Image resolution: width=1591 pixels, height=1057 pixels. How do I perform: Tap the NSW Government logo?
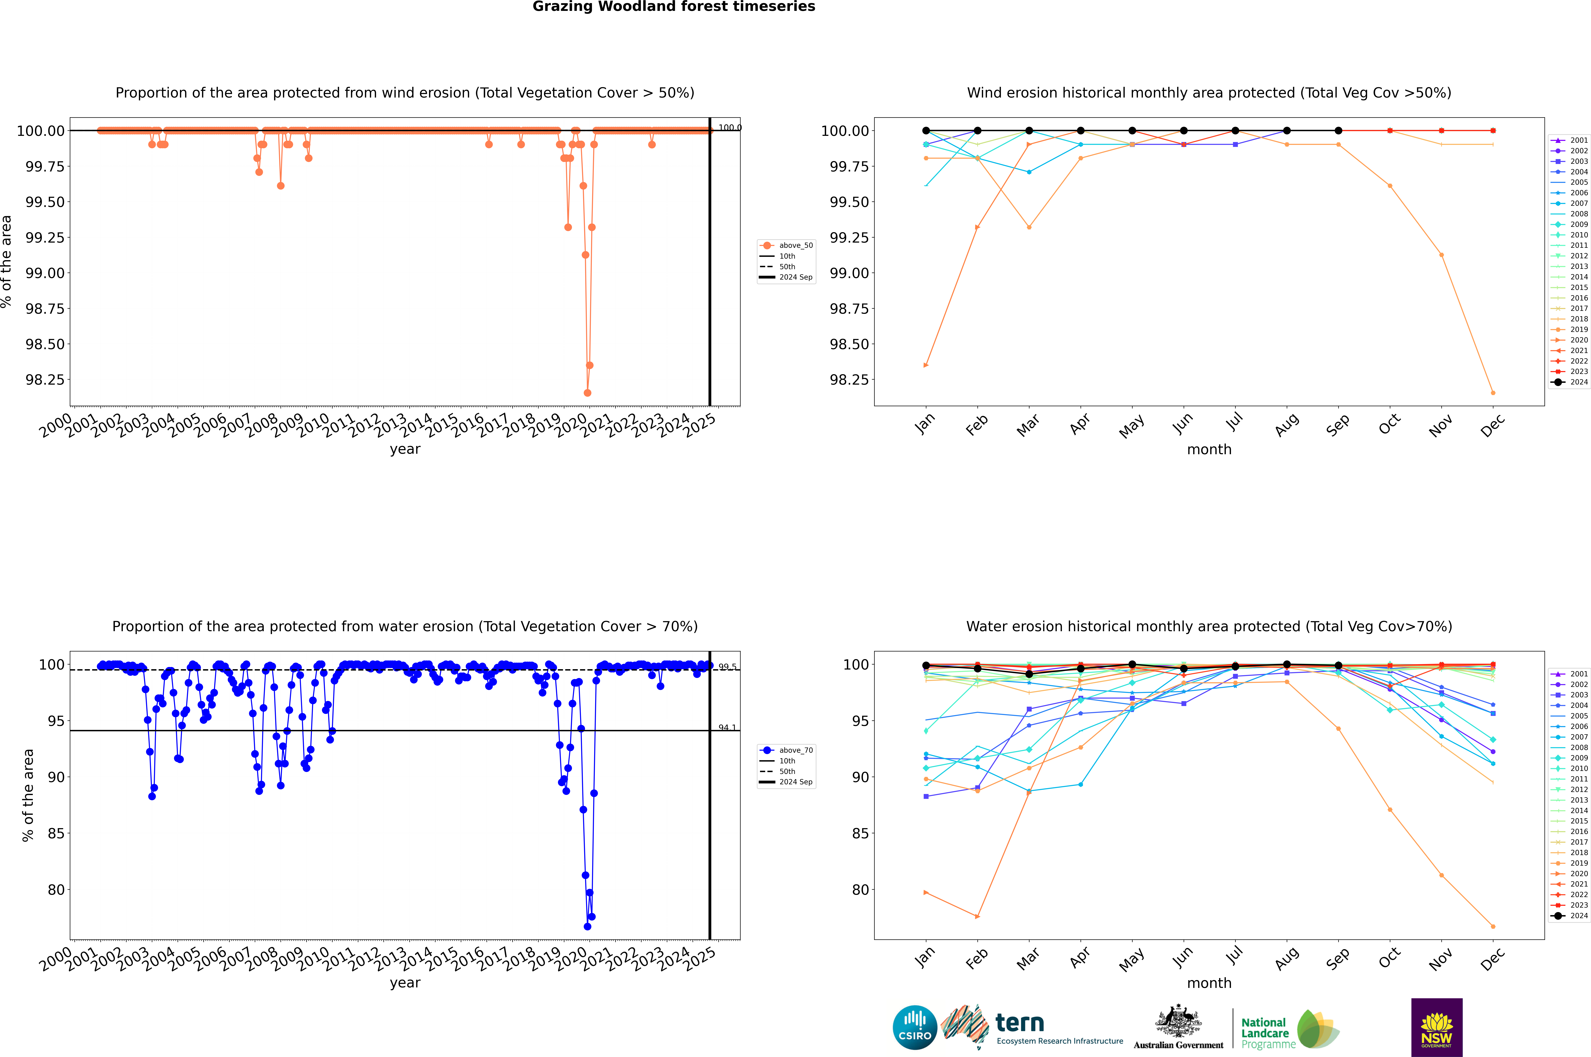1437,1027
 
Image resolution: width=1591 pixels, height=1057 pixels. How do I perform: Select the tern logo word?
1020,1023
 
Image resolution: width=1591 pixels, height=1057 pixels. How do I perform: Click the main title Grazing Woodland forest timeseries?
674,7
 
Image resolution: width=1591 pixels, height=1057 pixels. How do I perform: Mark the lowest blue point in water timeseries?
587,926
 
